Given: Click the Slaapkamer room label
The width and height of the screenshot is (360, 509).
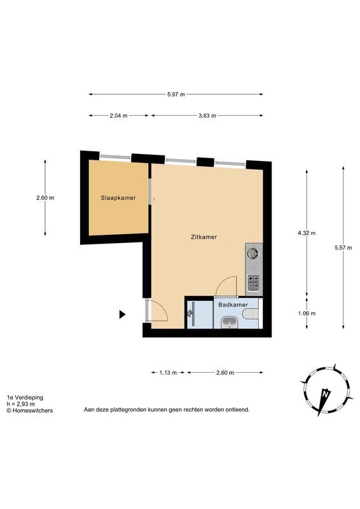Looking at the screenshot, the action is click(x=118, y=198).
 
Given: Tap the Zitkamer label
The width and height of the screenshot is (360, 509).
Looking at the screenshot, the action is click(x=204, y=237).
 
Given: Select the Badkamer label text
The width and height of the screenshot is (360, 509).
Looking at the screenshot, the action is click(x=233, y=305).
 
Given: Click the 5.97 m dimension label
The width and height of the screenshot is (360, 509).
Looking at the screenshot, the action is click(x=176, y=94).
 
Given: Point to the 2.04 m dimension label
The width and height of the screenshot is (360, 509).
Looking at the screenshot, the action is click(x=118, y=115).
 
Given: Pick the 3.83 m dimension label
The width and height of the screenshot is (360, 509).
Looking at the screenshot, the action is click(x=207, y=115).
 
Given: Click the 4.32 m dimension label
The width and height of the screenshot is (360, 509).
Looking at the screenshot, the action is click(x=307, y=233).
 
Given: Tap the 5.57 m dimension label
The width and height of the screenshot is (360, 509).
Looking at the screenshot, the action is click(x=343, y=248).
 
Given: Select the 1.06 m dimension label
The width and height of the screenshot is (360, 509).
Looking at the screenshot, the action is click(x=307, y=313).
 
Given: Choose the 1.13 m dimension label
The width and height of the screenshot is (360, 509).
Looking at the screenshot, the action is click(x=168, y=373).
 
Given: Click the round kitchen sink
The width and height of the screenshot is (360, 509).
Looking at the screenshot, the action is click(x=253, y=252).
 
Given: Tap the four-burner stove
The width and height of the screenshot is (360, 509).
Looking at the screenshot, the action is click(x=254, y=282).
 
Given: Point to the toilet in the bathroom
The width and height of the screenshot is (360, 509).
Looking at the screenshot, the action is click(x=251, y=314).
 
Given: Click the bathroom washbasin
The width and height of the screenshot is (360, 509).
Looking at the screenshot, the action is click(x=230, y=323).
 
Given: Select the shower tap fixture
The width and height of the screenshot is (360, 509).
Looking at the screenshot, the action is click(x=191, y=313).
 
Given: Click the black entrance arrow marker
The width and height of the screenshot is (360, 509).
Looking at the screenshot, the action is click(x=122, y=314).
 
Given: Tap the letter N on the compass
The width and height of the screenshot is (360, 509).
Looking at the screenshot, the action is click(x=324, y=394).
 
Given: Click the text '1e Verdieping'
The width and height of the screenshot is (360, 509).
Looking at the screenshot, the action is click(x=25, y=397).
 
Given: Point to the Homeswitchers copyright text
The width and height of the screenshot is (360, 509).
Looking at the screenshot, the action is click(x=30, y=410).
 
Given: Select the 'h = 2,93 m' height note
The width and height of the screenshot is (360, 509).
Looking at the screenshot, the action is click(x=21, y=404).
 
